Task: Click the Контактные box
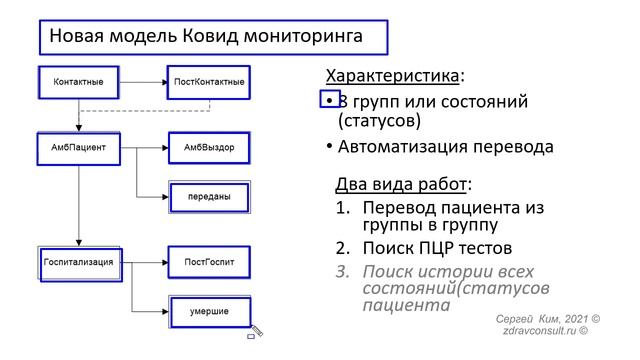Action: (x=79, y=81)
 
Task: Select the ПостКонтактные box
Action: (x=208, y=81)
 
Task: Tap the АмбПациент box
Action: (x=79, y=147)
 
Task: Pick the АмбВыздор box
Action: (x=208, y=147)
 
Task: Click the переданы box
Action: (x=208, y=197)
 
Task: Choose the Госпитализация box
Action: (x=79, y=263)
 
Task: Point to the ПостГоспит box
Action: (x=208, y=263)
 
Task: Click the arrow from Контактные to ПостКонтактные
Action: (x=143, y=81)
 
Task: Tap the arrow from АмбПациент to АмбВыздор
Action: (x=143, y=147)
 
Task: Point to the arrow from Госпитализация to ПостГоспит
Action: (x=143, y=263)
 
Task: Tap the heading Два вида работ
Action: (x=400, y=185)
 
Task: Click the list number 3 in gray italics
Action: (x=341, y=272)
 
